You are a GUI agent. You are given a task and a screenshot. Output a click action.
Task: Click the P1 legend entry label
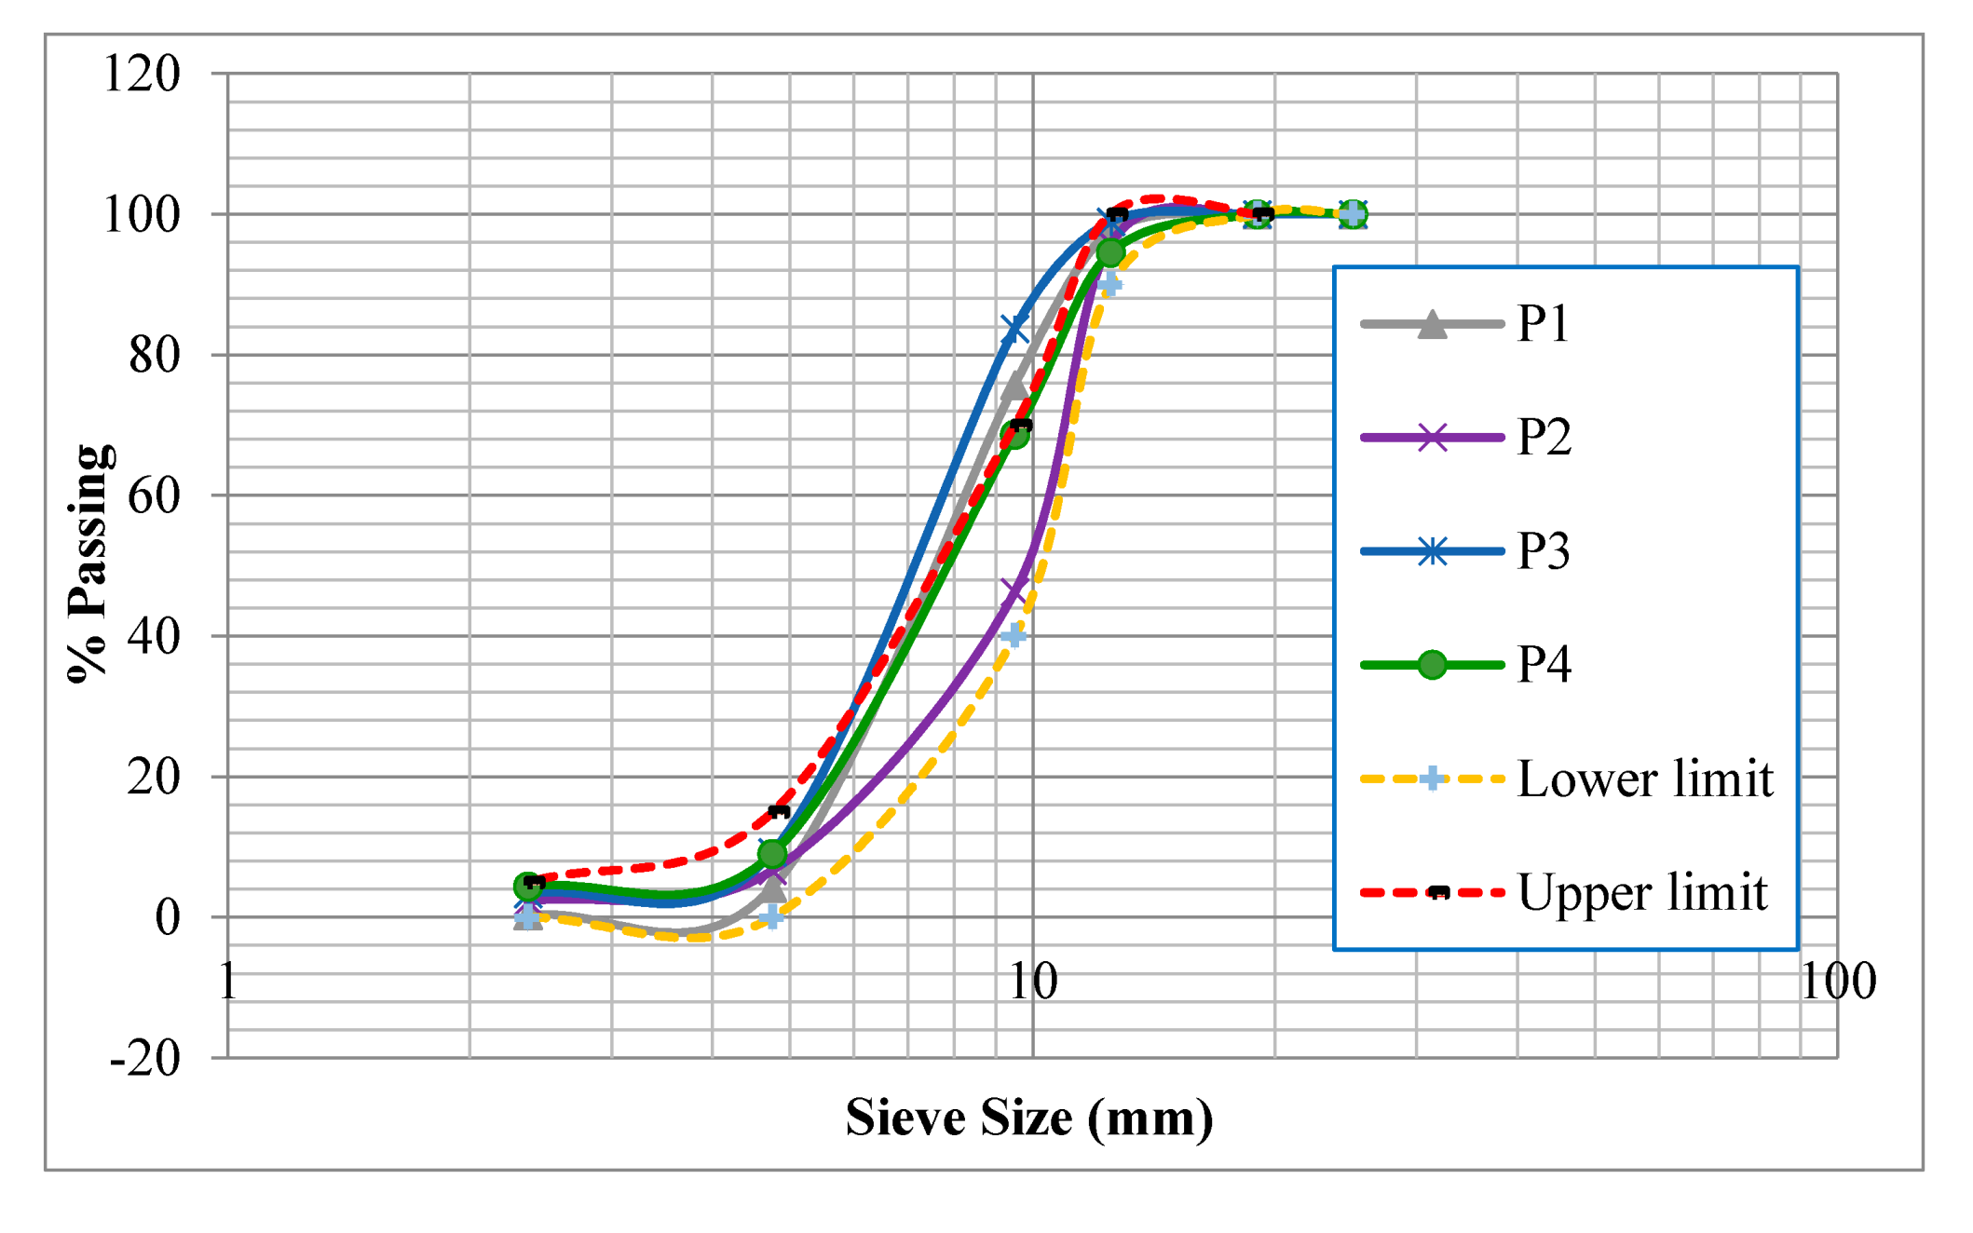1543,324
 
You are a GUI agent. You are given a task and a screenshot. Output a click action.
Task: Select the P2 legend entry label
1544,438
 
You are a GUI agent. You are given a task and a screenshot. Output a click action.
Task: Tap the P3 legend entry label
1543,551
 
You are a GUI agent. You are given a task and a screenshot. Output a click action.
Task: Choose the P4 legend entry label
1544,665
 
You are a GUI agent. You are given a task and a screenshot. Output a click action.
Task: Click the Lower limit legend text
1644,779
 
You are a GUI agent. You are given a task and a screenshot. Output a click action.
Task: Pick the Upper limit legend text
1641,892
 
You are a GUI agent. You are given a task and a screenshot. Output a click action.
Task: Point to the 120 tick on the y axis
142,74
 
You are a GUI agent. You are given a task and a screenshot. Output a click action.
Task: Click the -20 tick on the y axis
144,1058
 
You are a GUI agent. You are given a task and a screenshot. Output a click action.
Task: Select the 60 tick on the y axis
154,495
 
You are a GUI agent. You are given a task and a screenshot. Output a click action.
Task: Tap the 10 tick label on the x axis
1032,982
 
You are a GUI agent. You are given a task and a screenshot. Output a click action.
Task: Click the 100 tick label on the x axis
1837,982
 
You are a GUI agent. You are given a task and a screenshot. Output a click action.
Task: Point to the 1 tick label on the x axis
228,982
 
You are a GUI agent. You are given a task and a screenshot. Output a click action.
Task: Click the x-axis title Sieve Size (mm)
1029,1118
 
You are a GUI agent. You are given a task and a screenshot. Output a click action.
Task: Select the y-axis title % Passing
89,563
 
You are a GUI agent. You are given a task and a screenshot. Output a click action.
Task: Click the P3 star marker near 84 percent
1014,329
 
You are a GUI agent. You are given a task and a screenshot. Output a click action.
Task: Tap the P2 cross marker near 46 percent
1014,590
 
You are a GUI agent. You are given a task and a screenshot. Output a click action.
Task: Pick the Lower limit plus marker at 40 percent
1014,636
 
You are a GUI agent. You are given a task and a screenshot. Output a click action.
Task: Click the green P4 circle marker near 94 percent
1110,252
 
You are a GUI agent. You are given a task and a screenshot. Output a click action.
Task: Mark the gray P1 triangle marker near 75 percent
1014,386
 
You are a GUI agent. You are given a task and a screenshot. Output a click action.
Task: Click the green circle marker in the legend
1432,665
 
